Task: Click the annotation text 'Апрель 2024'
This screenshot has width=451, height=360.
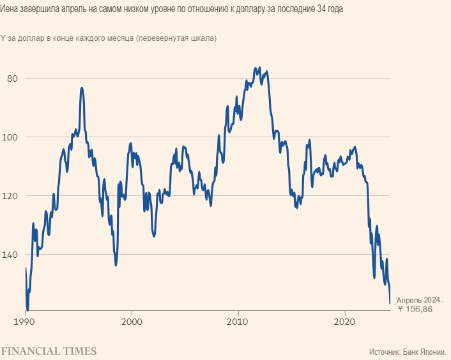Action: (418, 299)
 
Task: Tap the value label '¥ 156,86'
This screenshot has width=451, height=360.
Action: (415, 309)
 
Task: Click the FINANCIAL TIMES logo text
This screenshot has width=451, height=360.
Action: (49, 351)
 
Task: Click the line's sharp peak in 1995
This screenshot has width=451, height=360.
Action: (82, 88)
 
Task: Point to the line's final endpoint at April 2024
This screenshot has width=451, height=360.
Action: (390, 304)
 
